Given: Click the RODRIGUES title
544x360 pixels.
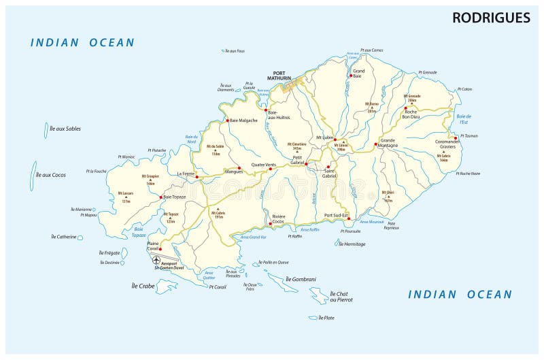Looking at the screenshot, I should [x=491, y=18].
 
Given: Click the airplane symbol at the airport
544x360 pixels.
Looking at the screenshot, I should [x=156, y=261].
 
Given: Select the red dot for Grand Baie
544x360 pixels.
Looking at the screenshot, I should [x=351, y=76].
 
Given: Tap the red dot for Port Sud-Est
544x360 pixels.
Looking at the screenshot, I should [x=348, y=218].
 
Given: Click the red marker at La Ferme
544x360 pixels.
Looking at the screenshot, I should [x=197, y=176].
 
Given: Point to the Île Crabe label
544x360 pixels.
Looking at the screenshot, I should [x=143, y=287].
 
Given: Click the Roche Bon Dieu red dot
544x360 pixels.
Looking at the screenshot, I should [x=405, y=108].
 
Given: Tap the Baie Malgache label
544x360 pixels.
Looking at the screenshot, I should [x=243, y=120].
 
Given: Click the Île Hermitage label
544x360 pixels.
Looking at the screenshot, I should [x=352, y=244].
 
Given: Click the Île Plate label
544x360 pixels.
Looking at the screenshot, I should [x=326, y=318].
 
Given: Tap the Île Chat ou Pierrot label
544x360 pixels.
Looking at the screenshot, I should [x=341, y=297].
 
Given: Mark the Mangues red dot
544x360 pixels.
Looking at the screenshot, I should [x=239, y=167].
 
